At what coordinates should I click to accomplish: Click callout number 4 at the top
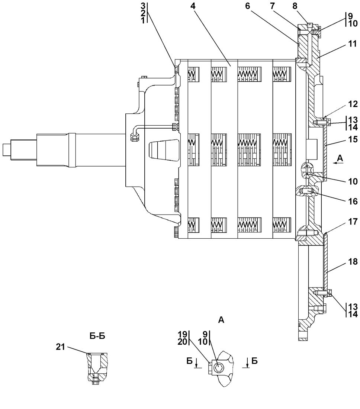tap(193, 6)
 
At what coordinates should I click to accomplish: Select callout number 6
tap(248, 6)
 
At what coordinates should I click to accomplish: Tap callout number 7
tap(273, 6)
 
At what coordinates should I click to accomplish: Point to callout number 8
tap(295, 6)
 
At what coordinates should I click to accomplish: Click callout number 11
tap(353, 44)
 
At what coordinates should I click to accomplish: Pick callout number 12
tap(353, 104)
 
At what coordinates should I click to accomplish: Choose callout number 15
tap(353, 139)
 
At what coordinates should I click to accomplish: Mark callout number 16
tap(353, 201)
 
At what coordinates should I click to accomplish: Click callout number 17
tap(353, 222)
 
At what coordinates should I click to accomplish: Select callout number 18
tap(353, 262)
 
